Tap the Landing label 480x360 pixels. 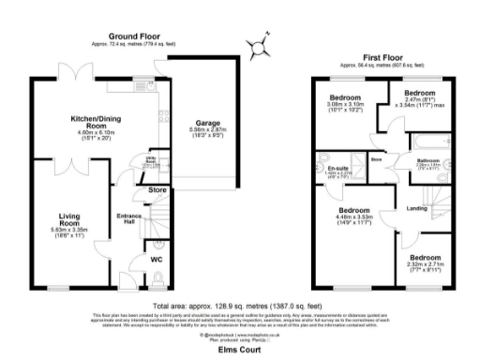[417, 209]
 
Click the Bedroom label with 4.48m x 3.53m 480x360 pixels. [353, 210]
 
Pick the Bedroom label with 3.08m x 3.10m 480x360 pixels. [345, 98]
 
